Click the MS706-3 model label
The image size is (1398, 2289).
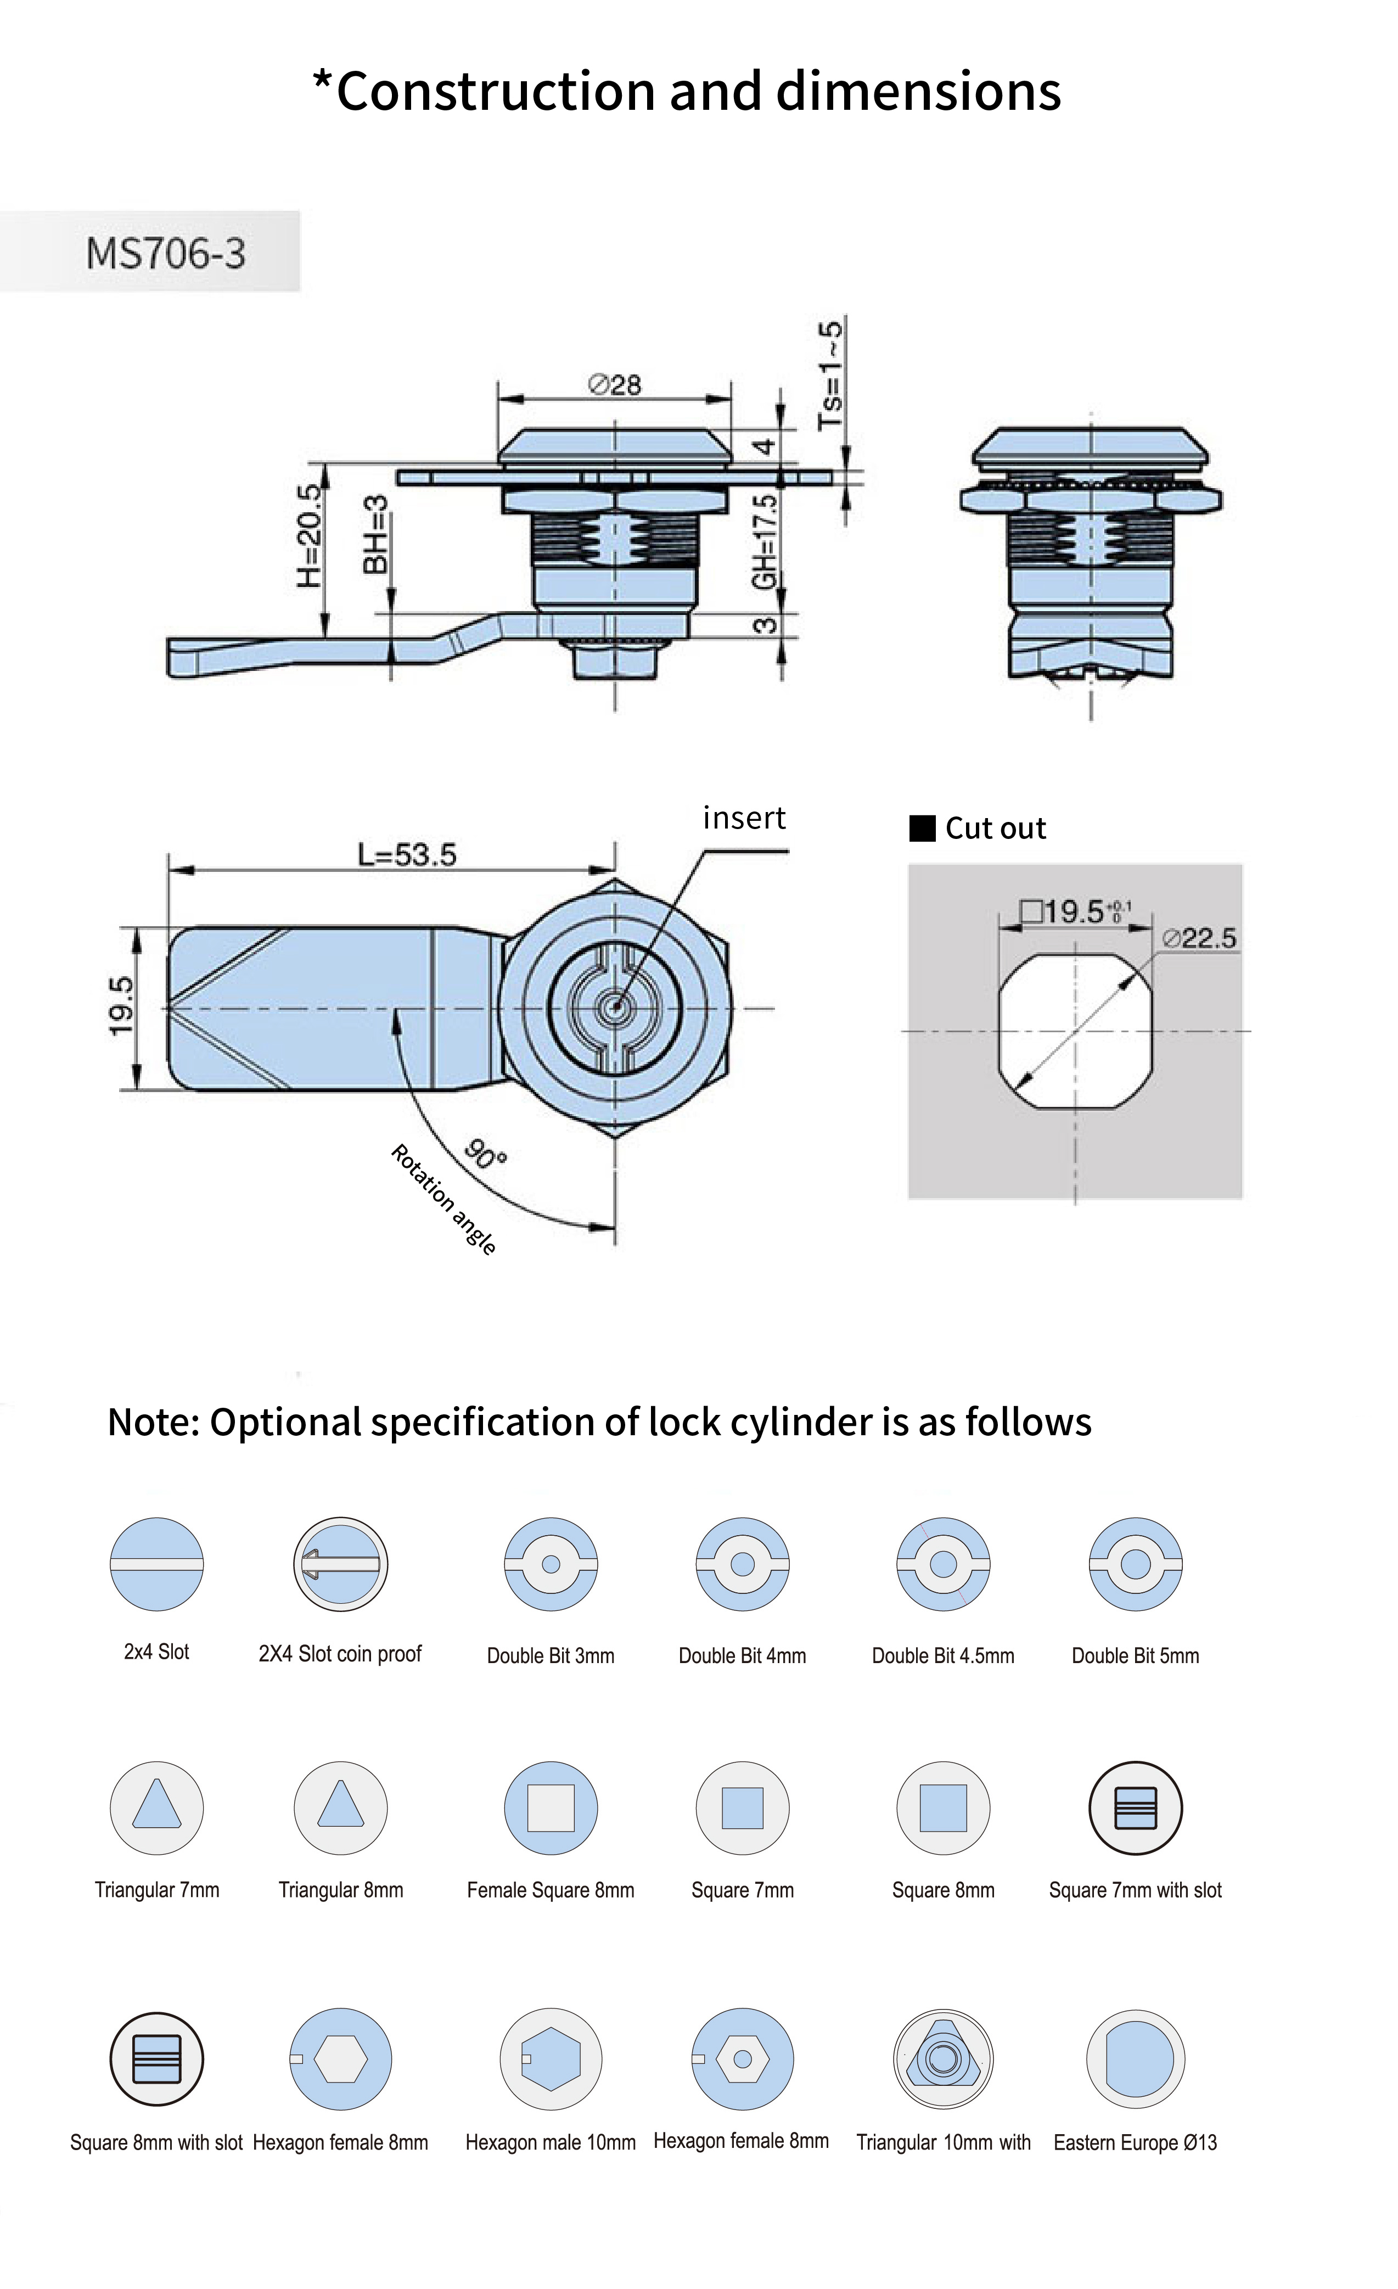click(165, 253)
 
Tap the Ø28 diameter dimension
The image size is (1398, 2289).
click(615, 384)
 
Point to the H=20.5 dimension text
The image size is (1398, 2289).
click(310, 536)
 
